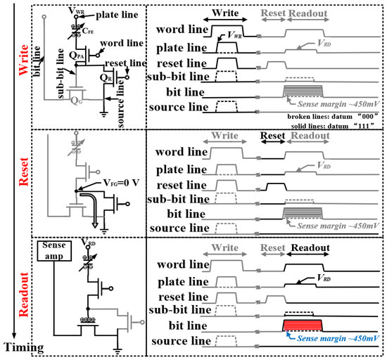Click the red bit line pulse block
coord(303,324)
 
